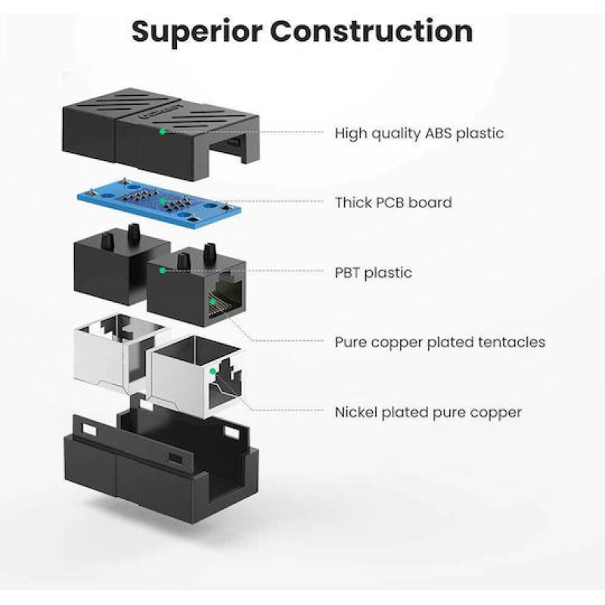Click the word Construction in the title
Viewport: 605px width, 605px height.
tap(371, 32)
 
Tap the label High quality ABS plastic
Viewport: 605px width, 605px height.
tap(419, 133)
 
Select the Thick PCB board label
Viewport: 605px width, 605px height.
tap(393, 202)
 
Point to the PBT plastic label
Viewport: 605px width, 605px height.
tap(374, 272)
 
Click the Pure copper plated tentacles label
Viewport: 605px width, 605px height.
tap(439, 342)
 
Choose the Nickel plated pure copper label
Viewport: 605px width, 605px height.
tap(428, 412)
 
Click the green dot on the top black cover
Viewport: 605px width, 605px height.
tap(163, 131)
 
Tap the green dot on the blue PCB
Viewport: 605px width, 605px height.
tap(163, 201)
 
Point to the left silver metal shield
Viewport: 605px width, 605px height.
tap(113, 348)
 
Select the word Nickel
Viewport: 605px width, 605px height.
tap(356, 412)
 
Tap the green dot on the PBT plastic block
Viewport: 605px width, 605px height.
tap(162, 269)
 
